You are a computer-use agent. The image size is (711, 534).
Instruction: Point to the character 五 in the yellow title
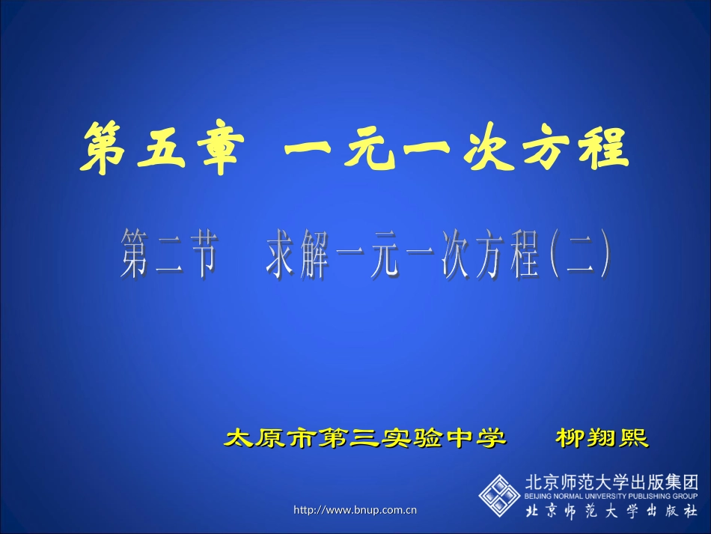coord(158,148)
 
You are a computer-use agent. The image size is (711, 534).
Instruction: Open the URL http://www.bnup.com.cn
coord(355,511)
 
